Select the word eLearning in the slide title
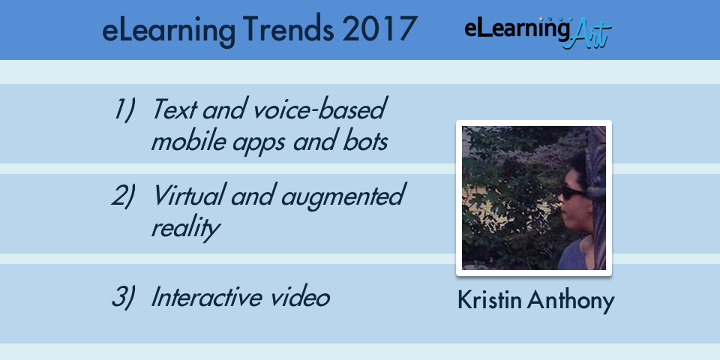(169, 30)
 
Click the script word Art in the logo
(588, 34)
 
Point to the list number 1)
(124, 109)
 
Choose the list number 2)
(124, 195)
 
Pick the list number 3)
(124, 297)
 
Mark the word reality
(185, 228)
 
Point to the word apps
(260, 142)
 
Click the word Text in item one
(174, 109)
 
